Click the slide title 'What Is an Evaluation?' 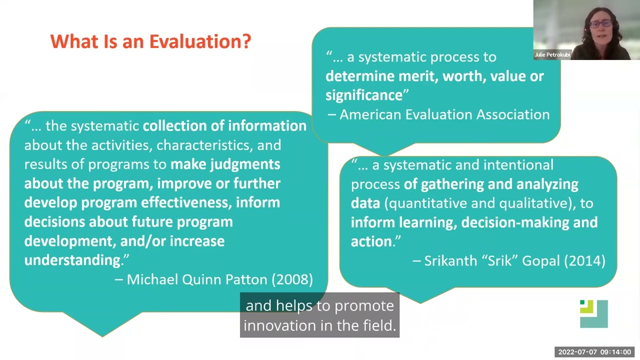[150, 41]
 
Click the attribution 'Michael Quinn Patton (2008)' [219, 279]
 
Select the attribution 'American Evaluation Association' [444, 114]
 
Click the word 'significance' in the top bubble [364, 95]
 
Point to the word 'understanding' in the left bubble [72, 260]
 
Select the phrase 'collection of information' [224, 126]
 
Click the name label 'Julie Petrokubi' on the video [552, 55]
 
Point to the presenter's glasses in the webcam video [599, 23]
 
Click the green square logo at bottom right [593, 313]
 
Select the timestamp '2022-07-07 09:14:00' [594, 352]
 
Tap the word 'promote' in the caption [363, 305]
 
